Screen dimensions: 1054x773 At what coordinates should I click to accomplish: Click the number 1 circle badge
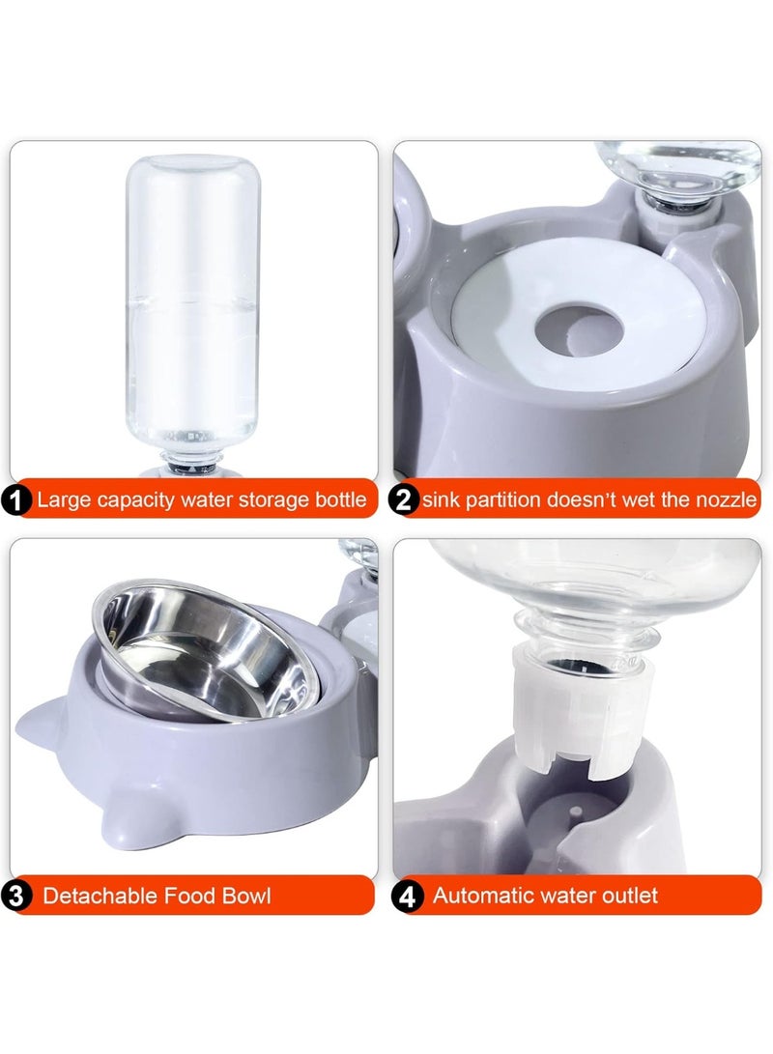click(17, 500)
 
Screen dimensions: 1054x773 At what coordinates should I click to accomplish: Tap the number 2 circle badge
click(404, 500)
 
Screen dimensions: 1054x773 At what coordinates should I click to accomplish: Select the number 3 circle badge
click(17, 896)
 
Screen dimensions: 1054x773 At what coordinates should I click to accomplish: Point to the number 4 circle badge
click(408, 896)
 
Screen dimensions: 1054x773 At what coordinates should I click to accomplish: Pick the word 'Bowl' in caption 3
click(246, 896)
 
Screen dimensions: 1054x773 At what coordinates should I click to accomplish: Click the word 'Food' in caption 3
click(186, 896)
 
